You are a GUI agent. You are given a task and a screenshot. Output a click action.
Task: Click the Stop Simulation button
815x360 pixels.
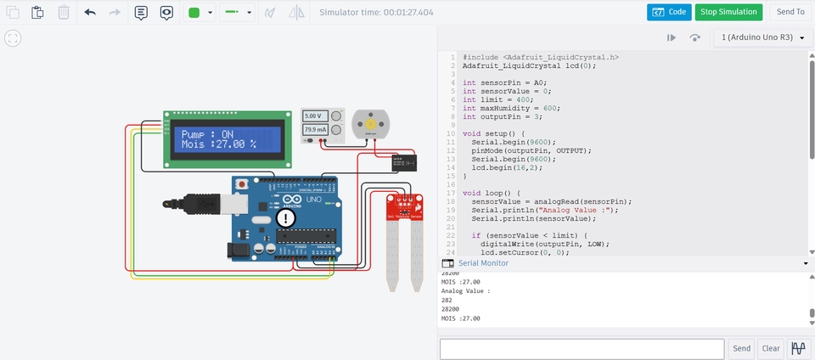(x=728, y=12)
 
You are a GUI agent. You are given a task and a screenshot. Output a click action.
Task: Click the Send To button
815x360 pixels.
(x=790, y=12)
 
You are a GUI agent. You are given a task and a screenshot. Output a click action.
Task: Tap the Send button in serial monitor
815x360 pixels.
(x=741, y=348)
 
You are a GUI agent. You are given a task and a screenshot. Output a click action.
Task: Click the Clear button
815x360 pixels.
(x=770, y=348)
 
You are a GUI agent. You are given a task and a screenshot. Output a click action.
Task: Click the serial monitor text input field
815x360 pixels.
(x=582, y=348)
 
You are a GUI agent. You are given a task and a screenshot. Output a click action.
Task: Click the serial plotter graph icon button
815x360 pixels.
(x=799, y=348)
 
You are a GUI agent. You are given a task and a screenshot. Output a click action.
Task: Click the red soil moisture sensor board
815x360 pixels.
(x=404, y=207)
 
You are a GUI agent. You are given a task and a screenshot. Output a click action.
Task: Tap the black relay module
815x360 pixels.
(x=402, y=162)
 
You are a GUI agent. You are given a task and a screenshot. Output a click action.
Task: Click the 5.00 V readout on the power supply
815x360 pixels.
(x=313, y=115)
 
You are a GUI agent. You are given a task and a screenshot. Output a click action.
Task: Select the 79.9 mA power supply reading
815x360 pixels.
(x=313, y=130)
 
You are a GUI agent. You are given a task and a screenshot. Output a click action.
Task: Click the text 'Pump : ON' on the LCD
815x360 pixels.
(x=207, y=134)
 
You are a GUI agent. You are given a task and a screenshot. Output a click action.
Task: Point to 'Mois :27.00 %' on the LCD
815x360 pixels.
(x=218, y=145)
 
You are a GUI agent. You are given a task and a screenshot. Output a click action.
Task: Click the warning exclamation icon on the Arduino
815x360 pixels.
(x=286, y=219)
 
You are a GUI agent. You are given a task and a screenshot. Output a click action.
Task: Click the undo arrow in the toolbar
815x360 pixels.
(x=90, y=13)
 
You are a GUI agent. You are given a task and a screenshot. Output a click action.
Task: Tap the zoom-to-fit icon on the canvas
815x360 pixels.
(x=12, y=38)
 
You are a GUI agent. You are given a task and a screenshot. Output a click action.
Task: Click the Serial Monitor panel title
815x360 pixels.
(x=483, y=263)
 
